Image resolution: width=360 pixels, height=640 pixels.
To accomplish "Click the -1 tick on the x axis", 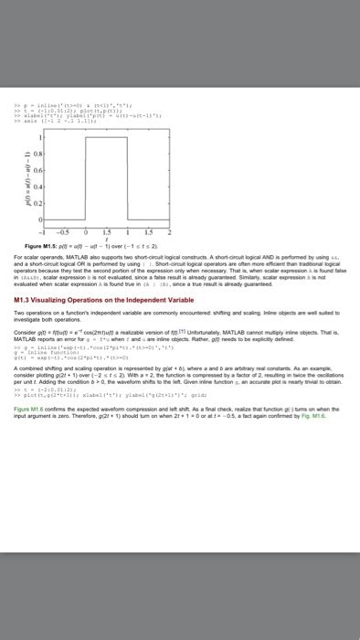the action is click(x=37, y=230).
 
